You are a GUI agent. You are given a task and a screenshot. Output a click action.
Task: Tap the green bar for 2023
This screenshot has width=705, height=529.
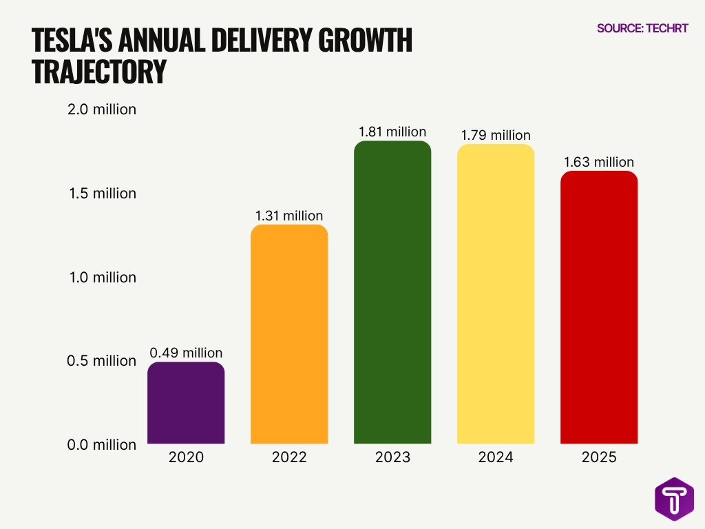(x=392, y=293)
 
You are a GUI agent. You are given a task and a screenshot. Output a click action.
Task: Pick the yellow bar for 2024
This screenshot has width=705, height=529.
(x=496, y=294)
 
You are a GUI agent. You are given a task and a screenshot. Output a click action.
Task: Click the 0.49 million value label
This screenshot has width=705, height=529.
(x=186, y=353)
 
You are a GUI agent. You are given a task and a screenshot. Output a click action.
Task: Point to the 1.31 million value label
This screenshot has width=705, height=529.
(x=289, y=216)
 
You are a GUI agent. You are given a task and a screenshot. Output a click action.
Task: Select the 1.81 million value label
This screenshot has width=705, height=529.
(x=392, y=132)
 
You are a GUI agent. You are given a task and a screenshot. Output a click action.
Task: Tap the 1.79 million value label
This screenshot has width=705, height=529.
(x=496, y=135)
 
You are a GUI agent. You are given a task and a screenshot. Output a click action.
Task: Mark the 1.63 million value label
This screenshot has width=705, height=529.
(x=599, y=162)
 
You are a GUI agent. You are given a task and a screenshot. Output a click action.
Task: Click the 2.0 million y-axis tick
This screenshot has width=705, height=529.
(x=102, y=110)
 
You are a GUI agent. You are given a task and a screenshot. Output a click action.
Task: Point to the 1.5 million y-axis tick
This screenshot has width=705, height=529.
(x=102, y=194)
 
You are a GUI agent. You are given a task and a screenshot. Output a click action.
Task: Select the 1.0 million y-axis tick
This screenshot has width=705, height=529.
(x=102, y=278)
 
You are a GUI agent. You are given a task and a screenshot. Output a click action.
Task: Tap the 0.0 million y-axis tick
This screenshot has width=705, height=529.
(x=102, y=445)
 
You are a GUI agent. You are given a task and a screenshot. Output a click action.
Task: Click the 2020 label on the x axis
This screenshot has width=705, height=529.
(x=186, y=457)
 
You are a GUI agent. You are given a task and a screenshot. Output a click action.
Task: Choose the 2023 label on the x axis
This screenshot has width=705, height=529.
(x=392, y=457)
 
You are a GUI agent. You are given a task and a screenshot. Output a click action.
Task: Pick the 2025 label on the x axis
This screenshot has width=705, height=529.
(x=599, y=457)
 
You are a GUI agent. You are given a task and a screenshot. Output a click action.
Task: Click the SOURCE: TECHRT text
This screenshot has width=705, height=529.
(x=642, y=28)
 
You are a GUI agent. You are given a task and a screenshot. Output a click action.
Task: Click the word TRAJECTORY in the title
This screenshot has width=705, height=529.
(x=99, y=72)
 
